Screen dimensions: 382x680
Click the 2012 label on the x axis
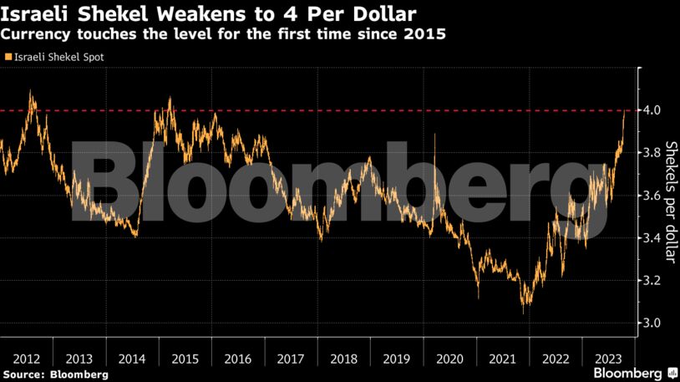coord(26,359)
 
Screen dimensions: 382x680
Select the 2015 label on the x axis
coord(185,359)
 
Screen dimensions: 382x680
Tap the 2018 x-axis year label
coord(343,359)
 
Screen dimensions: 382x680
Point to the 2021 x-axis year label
coord(502,359)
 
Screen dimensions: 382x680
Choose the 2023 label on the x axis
coord(608,359)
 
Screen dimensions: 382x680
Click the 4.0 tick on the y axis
coord(652,110)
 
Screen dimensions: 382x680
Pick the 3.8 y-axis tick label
coord(652,153)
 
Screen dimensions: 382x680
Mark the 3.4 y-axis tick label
coord(652,238)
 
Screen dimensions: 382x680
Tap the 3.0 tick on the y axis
coord(652,323)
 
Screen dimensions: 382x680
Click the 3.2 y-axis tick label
coord(652,281)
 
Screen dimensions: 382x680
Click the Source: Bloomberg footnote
coord(55,374)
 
